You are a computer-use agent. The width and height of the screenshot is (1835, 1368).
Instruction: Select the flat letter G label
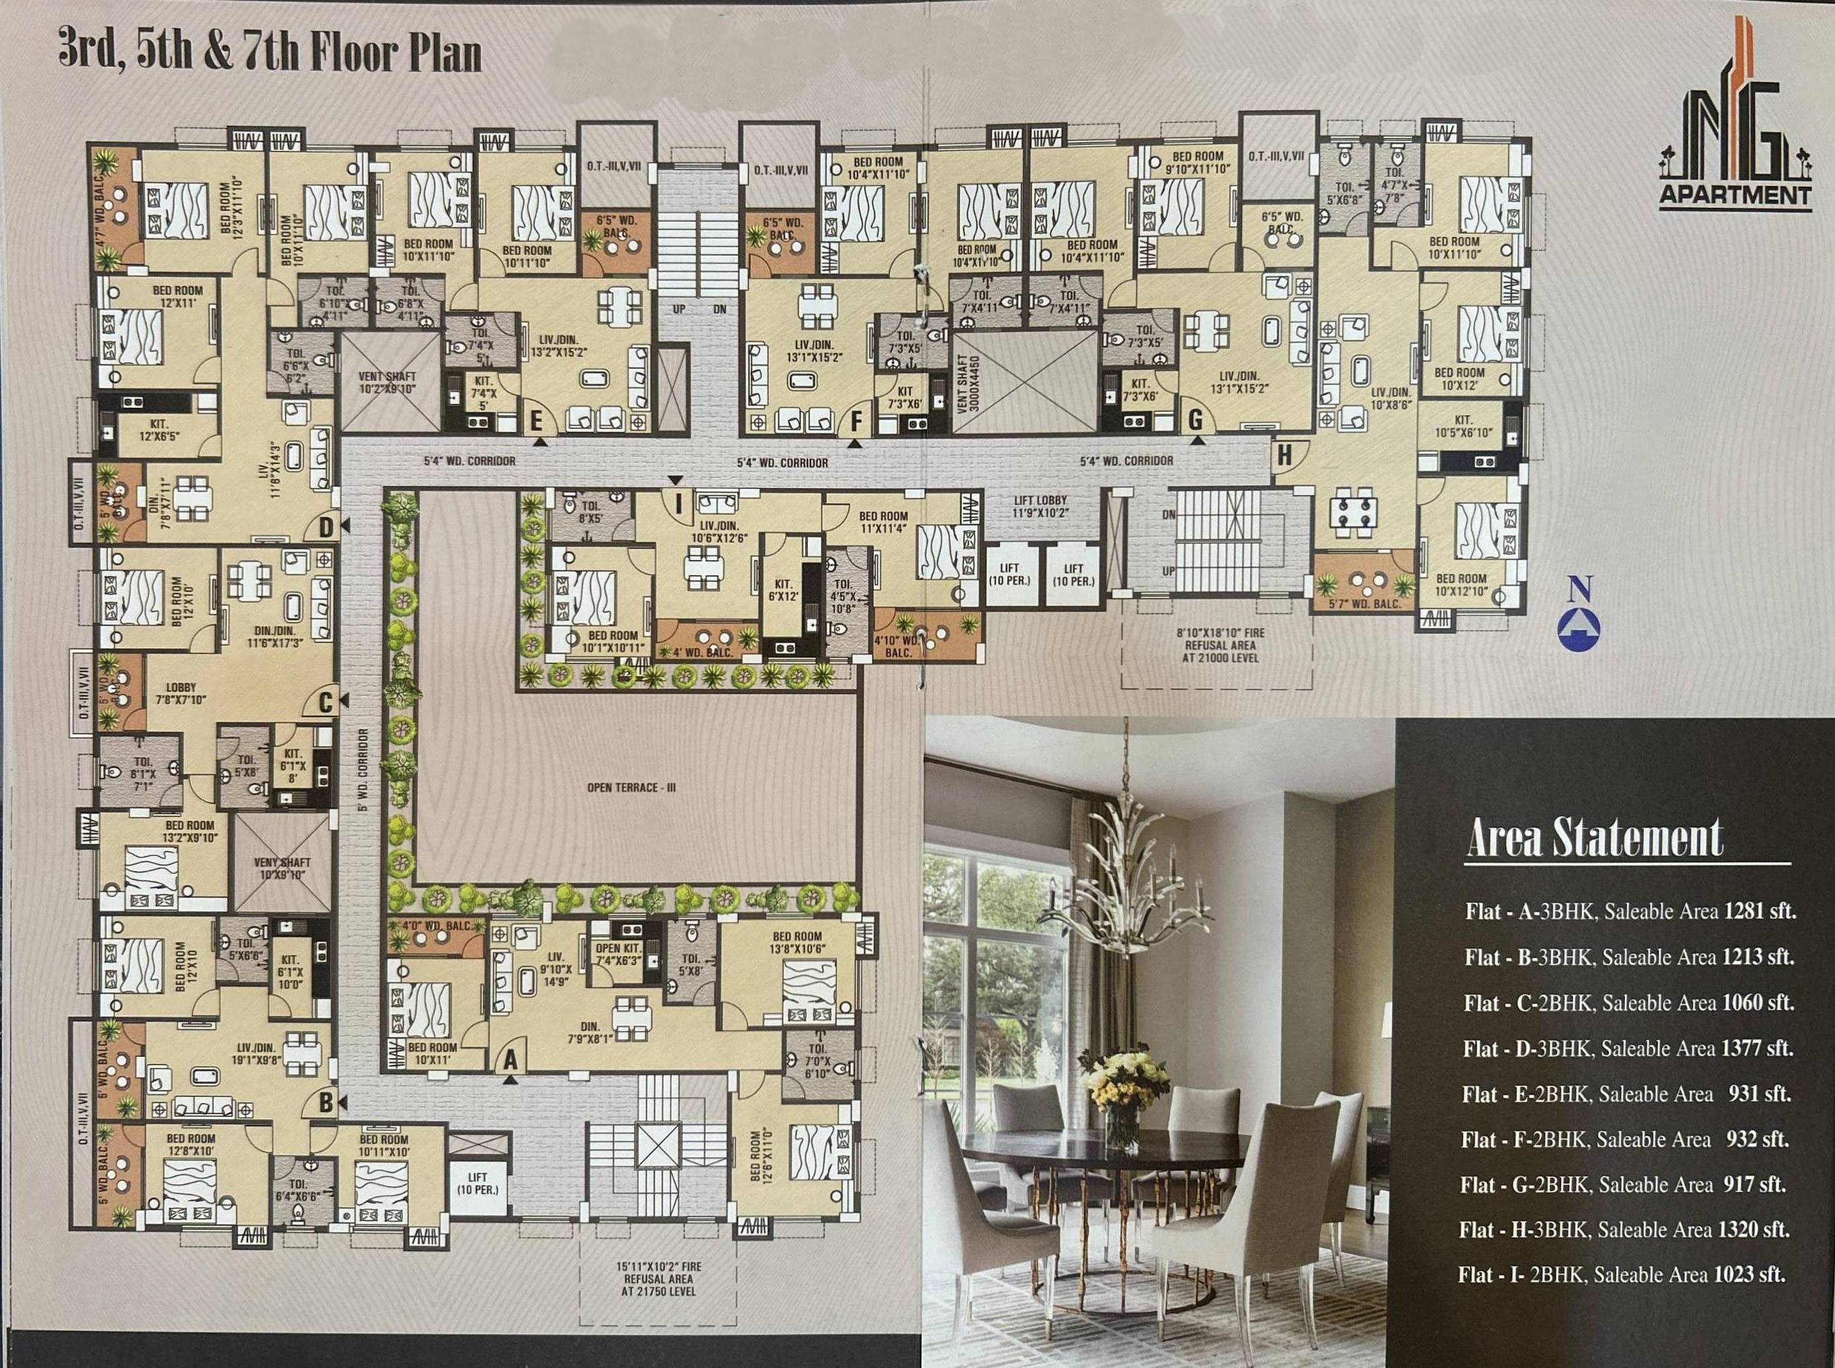pos(1195,420)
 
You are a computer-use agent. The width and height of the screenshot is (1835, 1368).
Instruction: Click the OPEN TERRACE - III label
pos(631,787)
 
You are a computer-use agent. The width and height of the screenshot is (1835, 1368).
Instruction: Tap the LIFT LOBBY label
pos(1040,506)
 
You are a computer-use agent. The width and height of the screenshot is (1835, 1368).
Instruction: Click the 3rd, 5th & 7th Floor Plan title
pos(270,52)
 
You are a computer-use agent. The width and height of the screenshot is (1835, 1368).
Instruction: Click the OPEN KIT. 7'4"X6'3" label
pos(618,954)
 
